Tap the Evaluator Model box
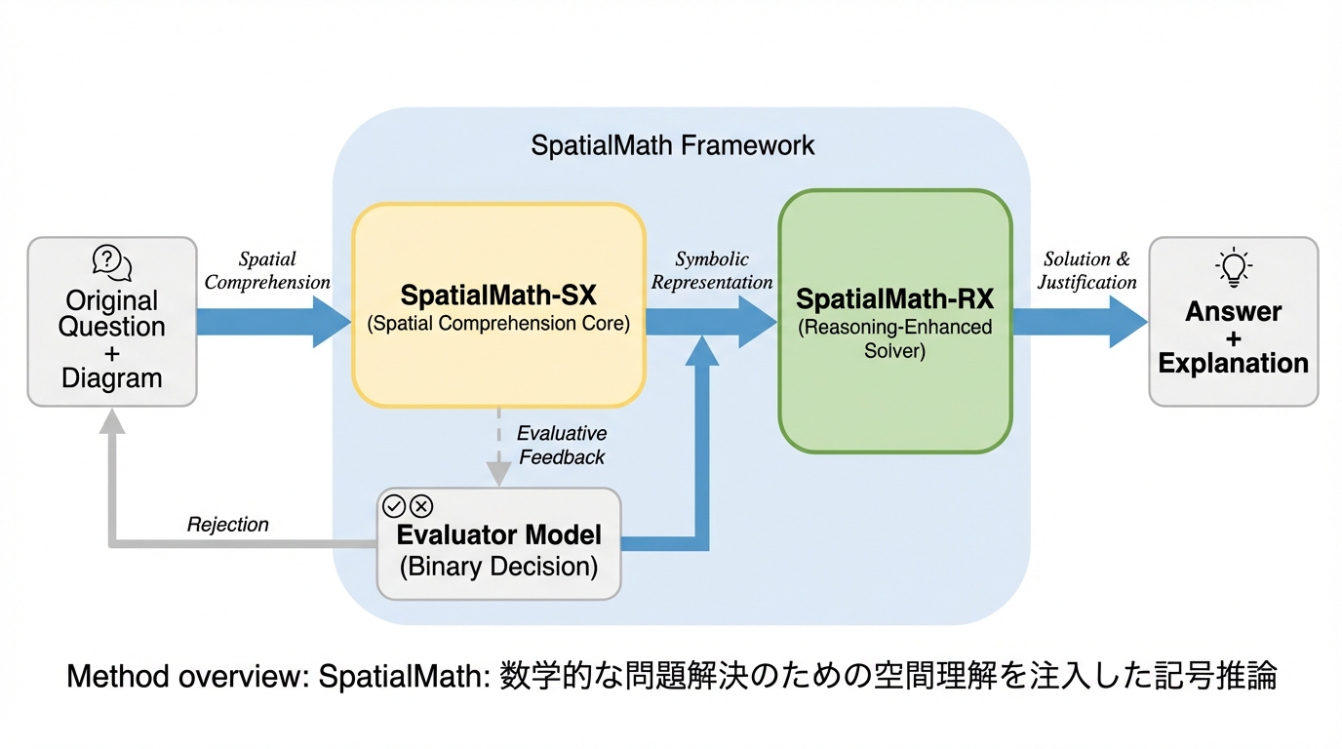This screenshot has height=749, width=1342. click(x=498, y=544)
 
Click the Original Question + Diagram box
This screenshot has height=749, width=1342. click(x=112, y=322)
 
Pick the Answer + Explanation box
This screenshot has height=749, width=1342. click(x=1233, y=322)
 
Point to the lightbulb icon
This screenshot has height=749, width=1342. click(x=1234, y=266)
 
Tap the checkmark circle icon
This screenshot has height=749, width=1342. click(x=394, y=505)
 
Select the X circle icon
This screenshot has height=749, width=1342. click(x=421, y=505)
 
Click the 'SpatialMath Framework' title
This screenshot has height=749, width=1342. click(x=673, y=146)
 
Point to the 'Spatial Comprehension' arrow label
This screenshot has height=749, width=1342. click(x=267, y=271)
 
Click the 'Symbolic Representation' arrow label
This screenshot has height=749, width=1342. click(x=712, y=271)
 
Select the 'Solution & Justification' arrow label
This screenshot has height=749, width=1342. click(x=1086, y=271)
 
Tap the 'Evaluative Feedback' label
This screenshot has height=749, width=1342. click(x=561, y=445)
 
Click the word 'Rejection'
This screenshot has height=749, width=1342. click(x=227, y=525)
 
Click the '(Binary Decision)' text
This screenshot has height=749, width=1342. click(x=498, y=567)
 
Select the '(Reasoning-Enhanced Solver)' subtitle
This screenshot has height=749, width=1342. click(x=894, y=338)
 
